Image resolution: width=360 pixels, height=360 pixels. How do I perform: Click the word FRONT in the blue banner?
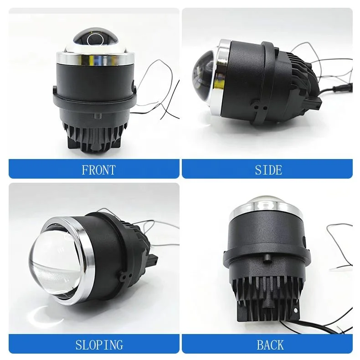click(x=98, y=170)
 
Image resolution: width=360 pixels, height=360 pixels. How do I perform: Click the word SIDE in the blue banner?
click(x=268, y=170)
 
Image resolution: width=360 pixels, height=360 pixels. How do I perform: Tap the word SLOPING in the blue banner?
click(x=99, y=345)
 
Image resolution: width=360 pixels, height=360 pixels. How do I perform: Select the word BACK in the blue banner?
click(x=270, y=345)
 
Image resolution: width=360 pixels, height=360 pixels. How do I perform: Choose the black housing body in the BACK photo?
click(x=264, y=246)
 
